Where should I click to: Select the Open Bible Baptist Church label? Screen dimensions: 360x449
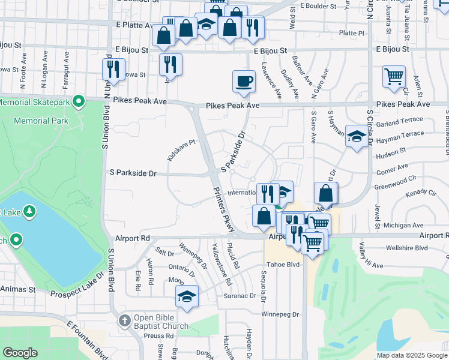[161, 322]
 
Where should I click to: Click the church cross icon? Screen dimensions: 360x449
[125, 321]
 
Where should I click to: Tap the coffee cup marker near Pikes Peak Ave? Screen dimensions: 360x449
[244, 81]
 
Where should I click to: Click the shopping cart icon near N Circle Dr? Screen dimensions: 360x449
[394, 76]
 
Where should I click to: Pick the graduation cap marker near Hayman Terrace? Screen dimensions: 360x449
[357, 136]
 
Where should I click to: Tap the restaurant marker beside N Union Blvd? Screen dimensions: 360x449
[113, 70]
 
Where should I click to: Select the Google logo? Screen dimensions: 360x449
[20, 353]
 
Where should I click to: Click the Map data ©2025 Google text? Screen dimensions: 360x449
[411, 355]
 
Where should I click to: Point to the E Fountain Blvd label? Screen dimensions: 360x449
[87, 340]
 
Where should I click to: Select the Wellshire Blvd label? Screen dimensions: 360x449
[406, 247]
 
